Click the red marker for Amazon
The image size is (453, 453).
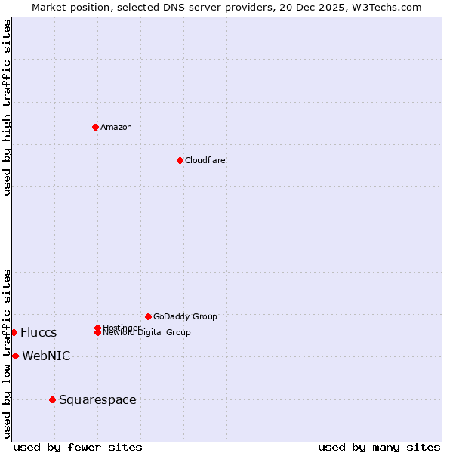pyautogui.click(x=95, y=127)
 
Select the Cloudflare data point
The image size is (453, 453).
pyautogui.click(x=180, y=160)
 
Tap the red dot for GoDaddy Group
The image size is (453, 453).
pyautogui.click(x=148, y=316)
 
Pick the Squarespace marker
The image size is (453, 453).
pyautogui.click(x=52, y=399)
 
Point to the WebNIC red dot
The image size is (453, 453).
pyautogui.click(x=15, y=356)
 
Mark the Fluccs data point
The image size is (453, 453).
pyautogui.click(x=14, y=332)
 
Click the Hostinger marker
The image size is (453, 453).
pyautogui.click(x=98, y=328)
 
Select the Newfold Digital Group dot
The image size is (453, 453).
pyautogui.click(x=98, y=333)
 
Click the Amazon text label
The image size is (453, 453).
pyautogui.click(x=116, y=127)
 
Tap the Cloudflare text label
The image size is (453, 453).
pyautogui.click(x=205, y=160)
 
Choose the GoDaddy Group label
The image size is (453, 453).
pyautogui.click(x=185, y=316)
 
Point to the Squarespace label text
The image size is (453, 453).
pyautogui.click(x=97, y=399)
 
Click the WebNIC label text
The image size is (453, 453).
pyautogui.click(x=46, y=356)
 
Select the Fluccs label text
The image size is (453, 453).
pyautogui.click(x=39, y=333)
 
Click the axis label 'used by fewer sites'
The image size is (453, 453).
pyautogui.click(x=78, y=447)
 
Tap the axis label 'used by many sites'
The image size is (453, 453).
pyautogui.click(x=379, y=447)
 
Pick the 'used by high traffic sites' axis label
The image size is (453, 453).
pyautogui.click(x=8, y=107)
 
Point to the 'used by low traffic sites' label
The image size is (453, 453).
pyautogui.click(x=8, y=353)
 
